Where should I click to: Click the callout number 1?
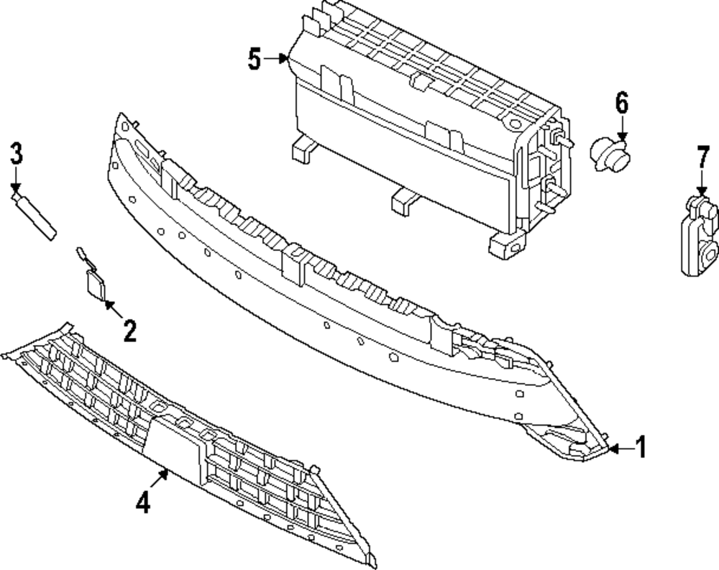coord(641,447)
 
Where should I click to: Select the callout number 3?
coord(16,155)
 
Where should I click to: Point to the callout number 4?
coord(143,502)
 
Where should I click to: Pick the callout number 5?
coord(255,59)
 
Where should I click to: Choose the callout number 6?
coord(621,104)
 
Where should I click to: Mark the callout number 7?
coord(702,157)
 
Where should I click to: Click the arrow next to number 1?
coord(620,449)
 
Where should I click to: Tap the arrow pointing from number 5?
coord(276,59)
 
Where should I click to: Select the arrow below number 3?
coord(16,180)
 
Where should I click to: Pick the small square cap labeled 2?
coord(95,285)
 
